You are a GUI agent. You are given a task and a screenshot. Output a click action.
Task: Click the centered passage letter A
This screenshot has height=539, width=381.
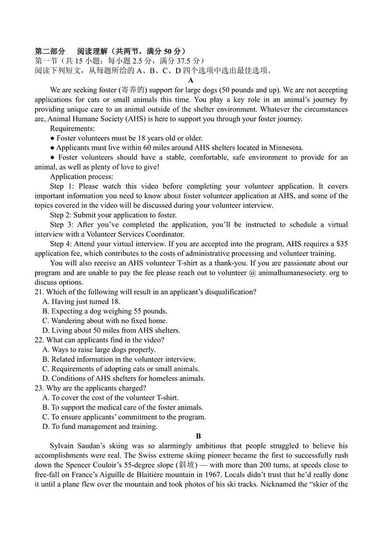click(x=191, y=81)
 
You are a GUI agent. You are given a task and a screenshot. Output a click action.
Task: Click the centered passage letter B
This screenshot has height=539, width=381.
click(x=198, y=436)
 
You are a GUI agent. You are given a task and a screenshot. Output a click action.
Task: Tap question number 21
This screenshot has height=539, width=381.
click(x=39, y=292)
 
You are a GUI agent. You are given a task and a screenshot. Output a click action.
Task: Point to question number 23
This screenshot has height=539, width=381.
click(x=39, y=388)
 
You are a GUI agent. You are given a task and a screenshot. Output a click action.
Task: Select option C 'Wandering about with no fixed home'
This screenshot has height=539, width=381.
click(x=105, y=321)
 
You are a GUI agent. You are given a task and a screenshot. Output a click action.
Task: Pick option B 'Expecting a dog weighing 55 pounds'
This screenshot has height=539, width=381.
click(x=105, y=311)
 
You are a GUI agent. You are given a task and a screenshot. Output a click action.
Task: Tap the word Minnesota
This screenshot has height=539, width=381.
click(x=286, y=148)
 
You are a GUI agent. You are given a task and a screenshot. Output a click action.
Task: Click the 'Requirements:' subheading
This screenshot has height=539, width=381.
click(x=72, y=129)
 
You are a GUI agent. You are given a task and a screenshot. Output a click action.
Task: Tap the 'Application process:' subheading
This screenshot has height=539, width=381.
click(x=82, y=177)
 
